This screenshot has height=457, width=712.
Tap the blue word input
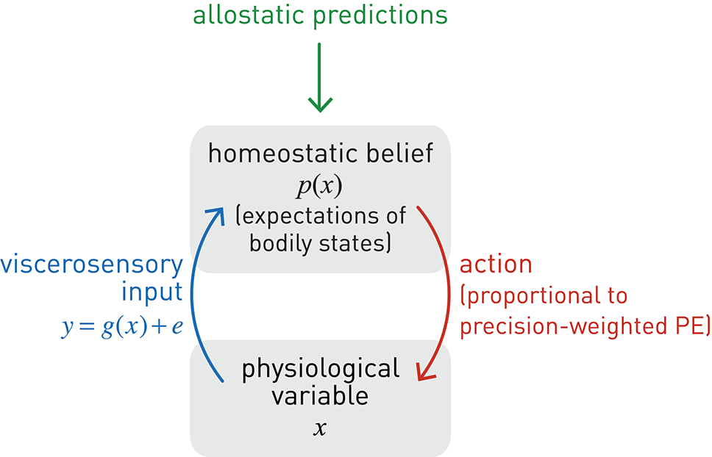coord(152,293)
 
